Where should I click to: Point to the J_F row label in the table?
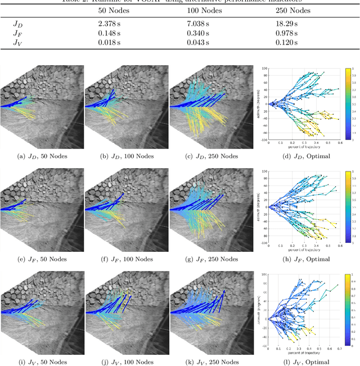coord(18,34)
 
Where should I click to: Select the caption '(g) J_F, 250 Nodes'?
coord(211,259)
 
